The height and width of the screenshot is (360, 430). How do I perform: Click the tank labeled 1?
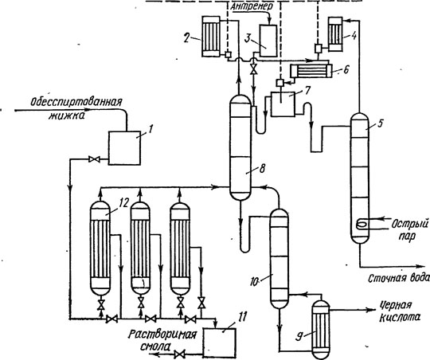125,148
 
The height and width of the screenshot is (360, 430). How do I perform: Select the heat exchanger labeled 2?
211,36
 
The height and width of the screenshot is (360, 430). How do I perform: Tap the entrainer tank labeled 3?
268,41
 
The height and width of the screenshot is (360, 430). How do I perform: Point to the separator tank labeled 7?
283,104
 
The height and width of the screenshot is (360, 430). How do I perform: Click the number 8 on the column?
262,169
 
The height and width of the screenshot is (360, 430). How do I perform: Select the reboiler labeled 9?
321,329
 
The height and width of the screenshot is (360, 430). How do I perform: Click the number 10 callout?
255,282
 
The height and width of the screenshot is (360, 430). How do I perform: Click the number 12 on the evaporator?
123,204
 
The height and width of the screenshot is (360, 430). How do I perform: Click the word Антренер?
252,6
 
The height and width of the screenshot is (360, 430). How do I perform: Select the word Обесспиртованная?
76,102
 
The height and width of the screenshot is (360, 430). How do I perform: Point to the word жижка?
67,115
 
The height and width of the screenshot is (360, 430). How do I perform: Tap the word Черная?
397,305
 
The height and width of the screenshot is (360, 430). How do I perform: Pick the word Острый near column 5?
409,225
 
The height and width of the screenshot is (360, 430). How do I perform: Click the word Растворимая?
162,335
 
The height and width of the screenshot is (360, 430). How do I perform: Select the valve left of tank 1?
94,159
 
